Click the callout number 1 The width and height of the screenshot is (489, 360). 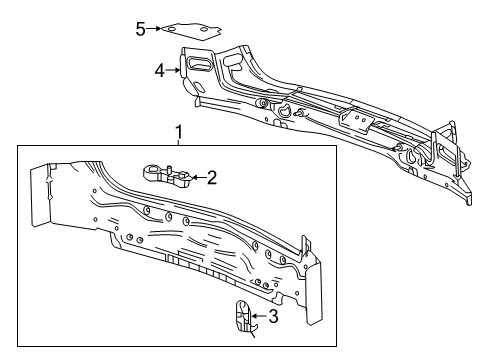(x=179, y=131)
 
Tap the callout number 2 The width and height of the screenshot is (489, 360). (x=211, y=178)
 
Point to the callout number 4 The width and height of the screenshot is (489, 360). (x=159, y=70)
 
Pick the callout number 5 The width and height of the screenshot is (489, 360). (x=141, y=28)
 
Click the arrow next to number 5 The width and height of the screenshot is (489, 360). (x=157, y=29)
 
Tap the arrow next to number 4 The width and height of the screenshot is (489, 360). (x=174, y=70)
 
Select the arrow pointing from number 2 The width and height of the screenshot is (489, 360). (x=196, y=178)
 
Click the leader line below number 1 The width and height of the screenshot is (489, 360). (x=179, y=143)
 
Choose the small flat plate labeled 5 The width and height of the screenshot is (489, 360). (x=193, y=30)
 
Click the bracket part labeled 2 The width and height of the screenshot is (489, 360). (x=168, y=173)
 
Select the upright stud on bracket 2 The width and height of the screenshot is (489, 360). (x=173, y=160)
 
